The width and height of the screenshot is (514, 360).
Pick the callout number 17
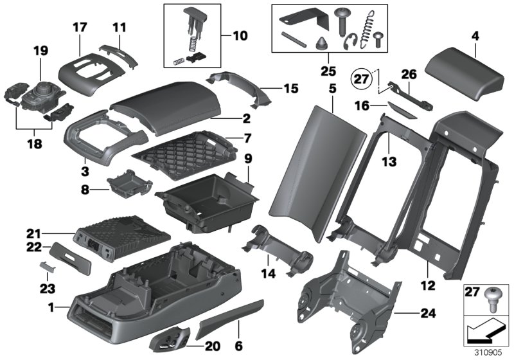click(80, 28)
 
